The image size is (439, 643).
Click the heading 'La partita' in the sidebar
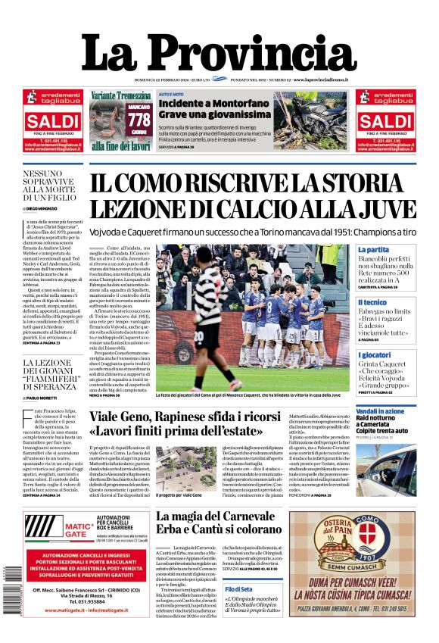tap(373, 249)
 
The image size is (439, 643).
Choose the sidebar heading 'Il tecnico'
tap(372, 302)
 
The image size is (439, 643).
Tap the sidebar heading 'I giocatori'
tap(375, 354)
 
